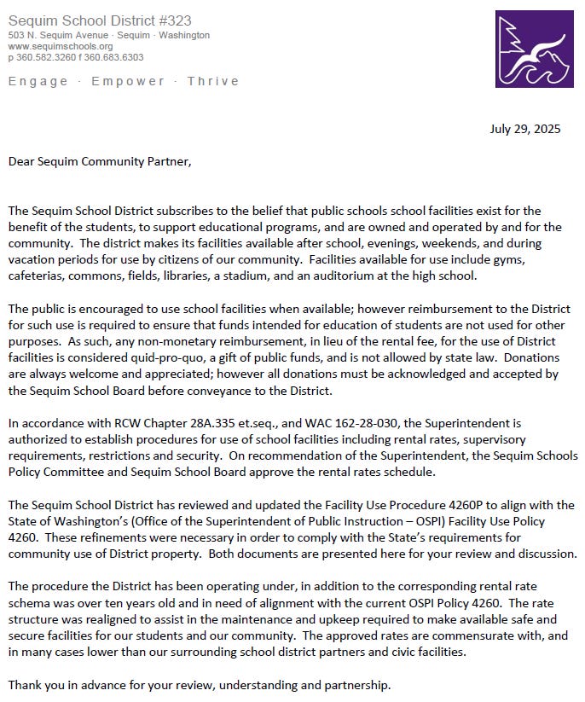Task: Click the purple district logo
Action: pos(534,49)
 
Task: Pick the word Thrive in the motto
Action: pos(213,81)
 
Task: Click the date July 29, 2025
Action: pos(525,130)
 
